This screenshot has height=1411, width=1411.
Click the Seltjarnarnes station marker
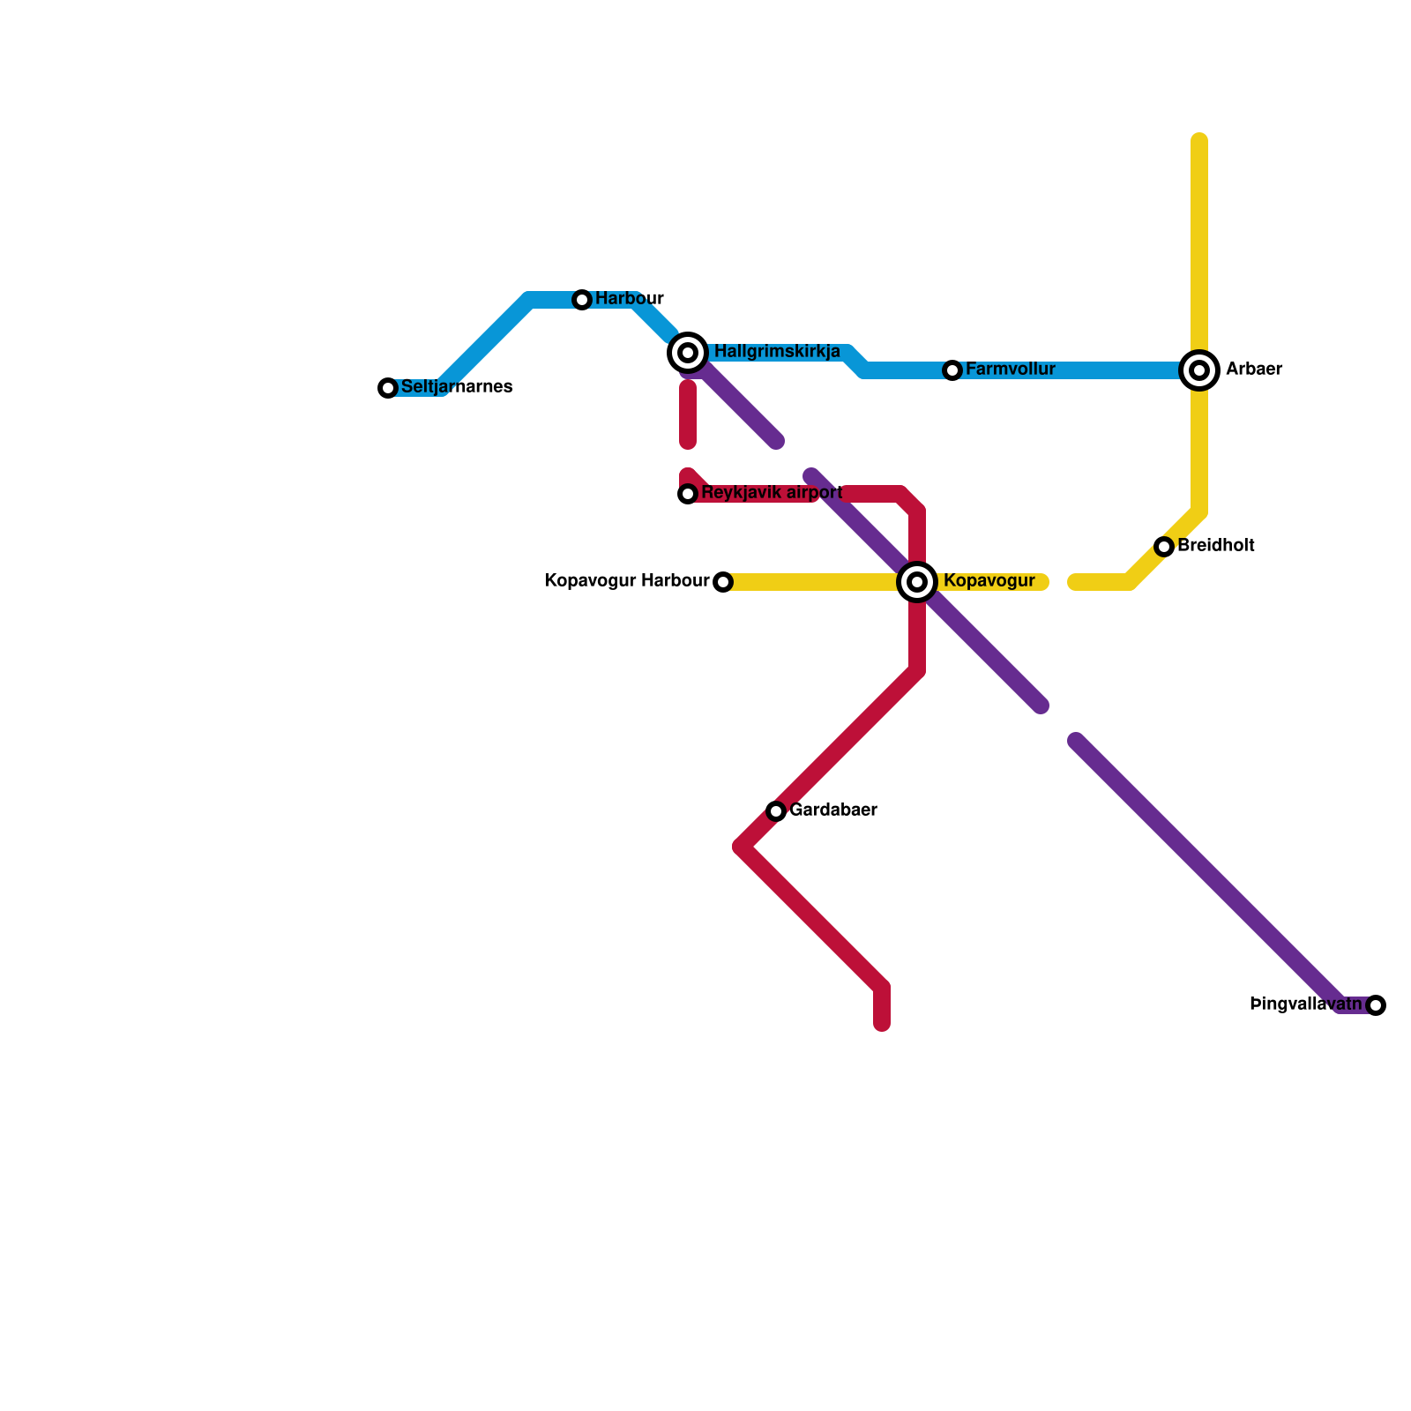[388, 388]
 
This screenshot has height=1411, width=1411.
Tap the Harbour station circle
[582, 300]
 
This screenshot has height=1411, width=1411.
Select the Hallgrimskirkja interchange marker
[688, 353]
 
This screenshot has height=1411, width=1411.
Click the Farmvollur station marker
[952, 370]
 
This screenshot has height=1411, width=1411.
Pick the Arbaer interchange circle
[1199, 370]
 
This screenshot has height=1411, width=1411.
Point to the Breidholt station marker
[1164, 547]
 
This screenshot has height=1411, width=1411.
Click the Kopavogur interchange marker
[917, 582]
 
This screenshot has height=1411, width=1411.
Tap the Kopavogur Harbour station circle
[723, 582]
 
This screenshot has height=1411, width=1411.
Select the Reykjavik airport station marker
[688, 494]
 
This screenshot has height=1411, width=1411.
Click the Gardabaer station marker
[776, 811]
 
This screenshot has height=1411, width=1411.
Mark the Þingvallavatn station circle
[1376, 1005]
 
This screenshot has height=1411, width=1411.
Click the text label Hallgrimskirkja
[777, 352]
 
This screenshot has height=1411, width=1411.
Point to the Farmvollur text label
[1011, 369]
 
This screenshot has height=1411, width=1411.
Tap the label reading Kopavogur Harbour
[627, 580]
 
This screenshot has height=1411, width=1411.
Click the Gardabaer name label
[833, 810]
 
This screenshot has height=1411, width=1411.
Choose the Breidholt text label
[1216, 545]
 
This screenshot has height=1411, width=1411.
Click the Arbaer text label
[1254, 369]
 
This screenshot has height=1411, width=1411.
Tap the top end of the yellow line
[1199, 139]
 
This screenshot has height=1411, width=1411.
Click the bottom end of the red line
[882, 1025]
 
